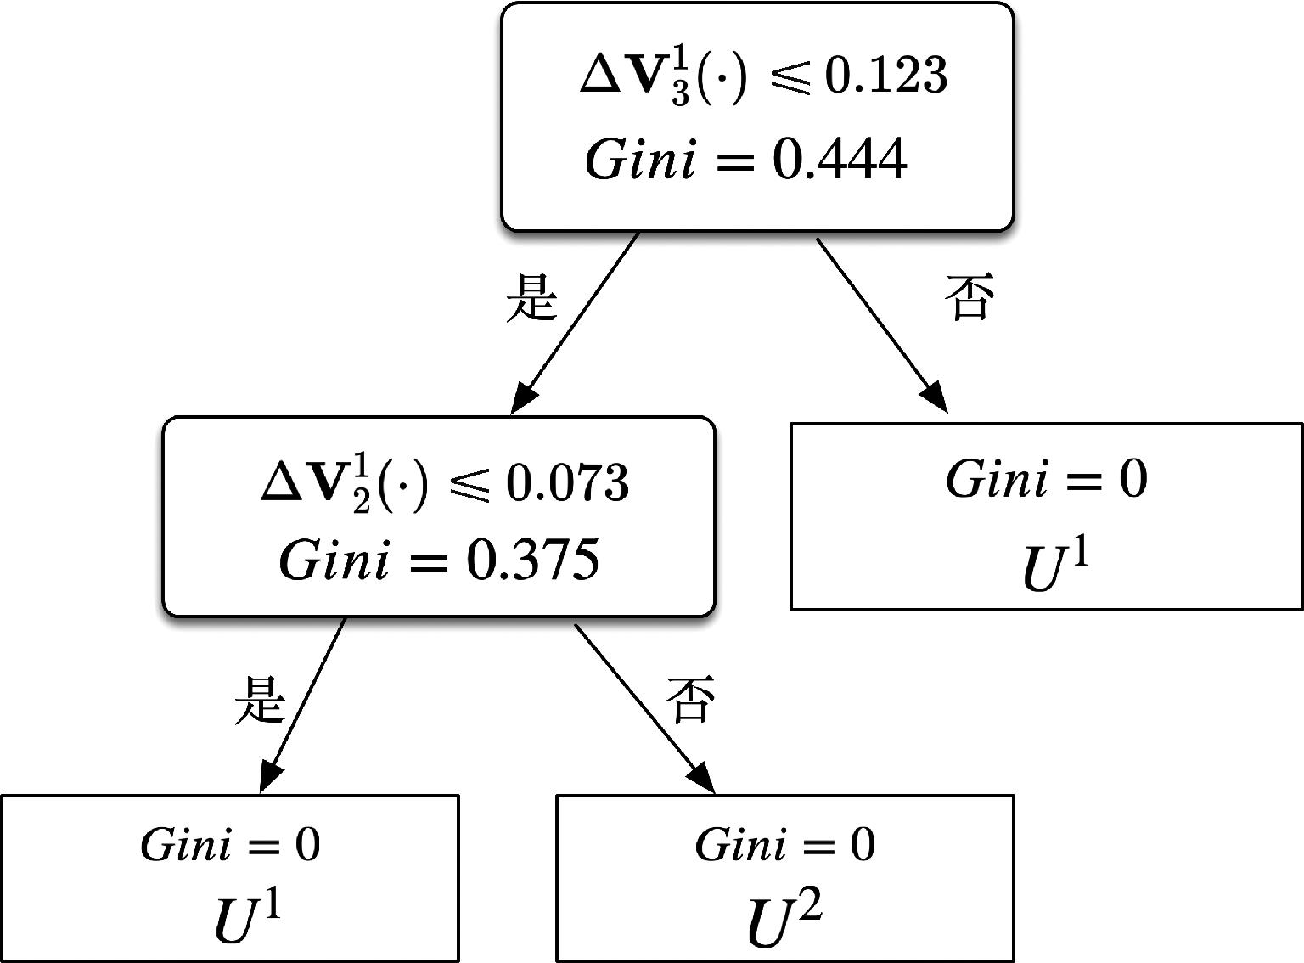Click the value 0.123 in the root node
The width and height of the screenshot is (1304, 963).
coord(886,76)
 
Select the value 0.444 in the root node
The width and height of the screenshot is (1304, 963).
coord(839,159)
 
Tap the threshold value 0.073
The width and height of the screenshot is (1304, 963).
coord(568,483)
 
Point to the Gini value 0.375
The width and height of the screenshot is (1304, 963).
coord(532,560)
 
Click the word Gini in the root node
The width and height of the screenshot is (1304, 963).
coord(639,158)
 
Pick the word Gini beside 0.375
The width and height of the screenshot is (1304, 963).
coord(334,560)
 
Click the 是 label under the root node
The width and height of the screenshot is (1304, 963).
coord(531,298)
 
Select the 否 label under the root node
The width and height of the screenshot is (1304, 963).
coord(969,296)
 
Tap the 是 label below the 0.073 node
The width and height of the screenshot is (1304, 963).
coord(260,699)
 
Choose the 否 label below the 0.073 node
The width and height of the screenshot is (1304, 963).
coord(690,698)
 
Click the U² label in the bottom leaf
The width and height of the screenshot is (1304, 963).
coord(784,919)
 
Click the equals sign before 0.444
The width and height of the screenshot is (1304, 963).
coord(733,160)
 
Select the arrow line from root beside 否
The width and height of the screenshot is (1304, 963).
coord(882,325)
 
